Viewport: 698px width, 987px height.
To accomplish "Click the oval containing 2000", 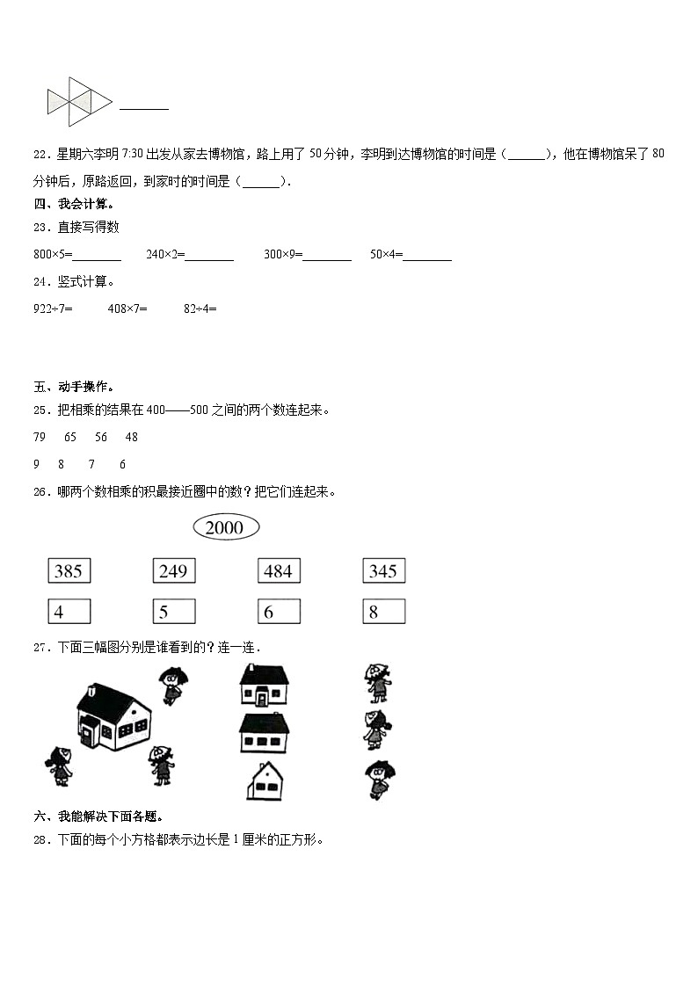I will tap(225, 527).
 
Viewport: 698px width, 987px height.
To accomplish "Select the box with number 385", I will tap(69, 571).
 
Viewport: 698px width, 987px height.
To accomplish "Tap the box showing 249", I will tap(173, 571).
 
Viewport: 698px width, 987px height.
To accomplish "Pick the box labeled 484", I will tap(278, 571).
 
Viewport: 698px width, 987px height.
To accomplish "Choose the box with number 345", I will tap(383, 571).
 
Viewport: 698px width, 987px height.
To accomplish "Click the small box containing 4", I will tap(69, 612).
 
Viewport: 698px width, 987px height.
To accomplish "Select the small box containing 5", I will tap(173, 612).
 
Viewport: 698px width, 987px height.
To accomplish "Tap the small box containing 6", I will tap(278, 612).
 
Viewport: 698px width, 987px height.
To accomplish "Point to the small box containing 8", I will tap(383, 612).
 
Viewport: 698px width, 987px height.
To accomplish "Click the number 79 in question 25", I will tap(40, 437).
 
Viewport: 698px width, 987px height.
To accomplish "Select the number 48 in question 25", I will tap(132, 437).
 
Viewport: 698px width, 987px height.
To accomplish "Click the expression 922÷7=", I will tap(53, 308).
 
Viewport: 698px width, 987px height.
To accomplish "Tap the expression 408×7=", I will tap(127, 308).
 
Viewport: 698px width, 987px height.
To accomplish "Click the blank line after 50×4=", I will tap(427, 257).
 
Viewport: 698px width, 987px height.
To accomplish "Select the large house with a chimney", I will tap(114, 716).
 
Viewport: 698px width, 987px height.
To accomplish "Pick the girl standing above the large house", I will tap(171, 685).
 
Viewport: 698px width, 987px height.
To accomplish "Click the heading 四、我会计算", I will tap(74, 204).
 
